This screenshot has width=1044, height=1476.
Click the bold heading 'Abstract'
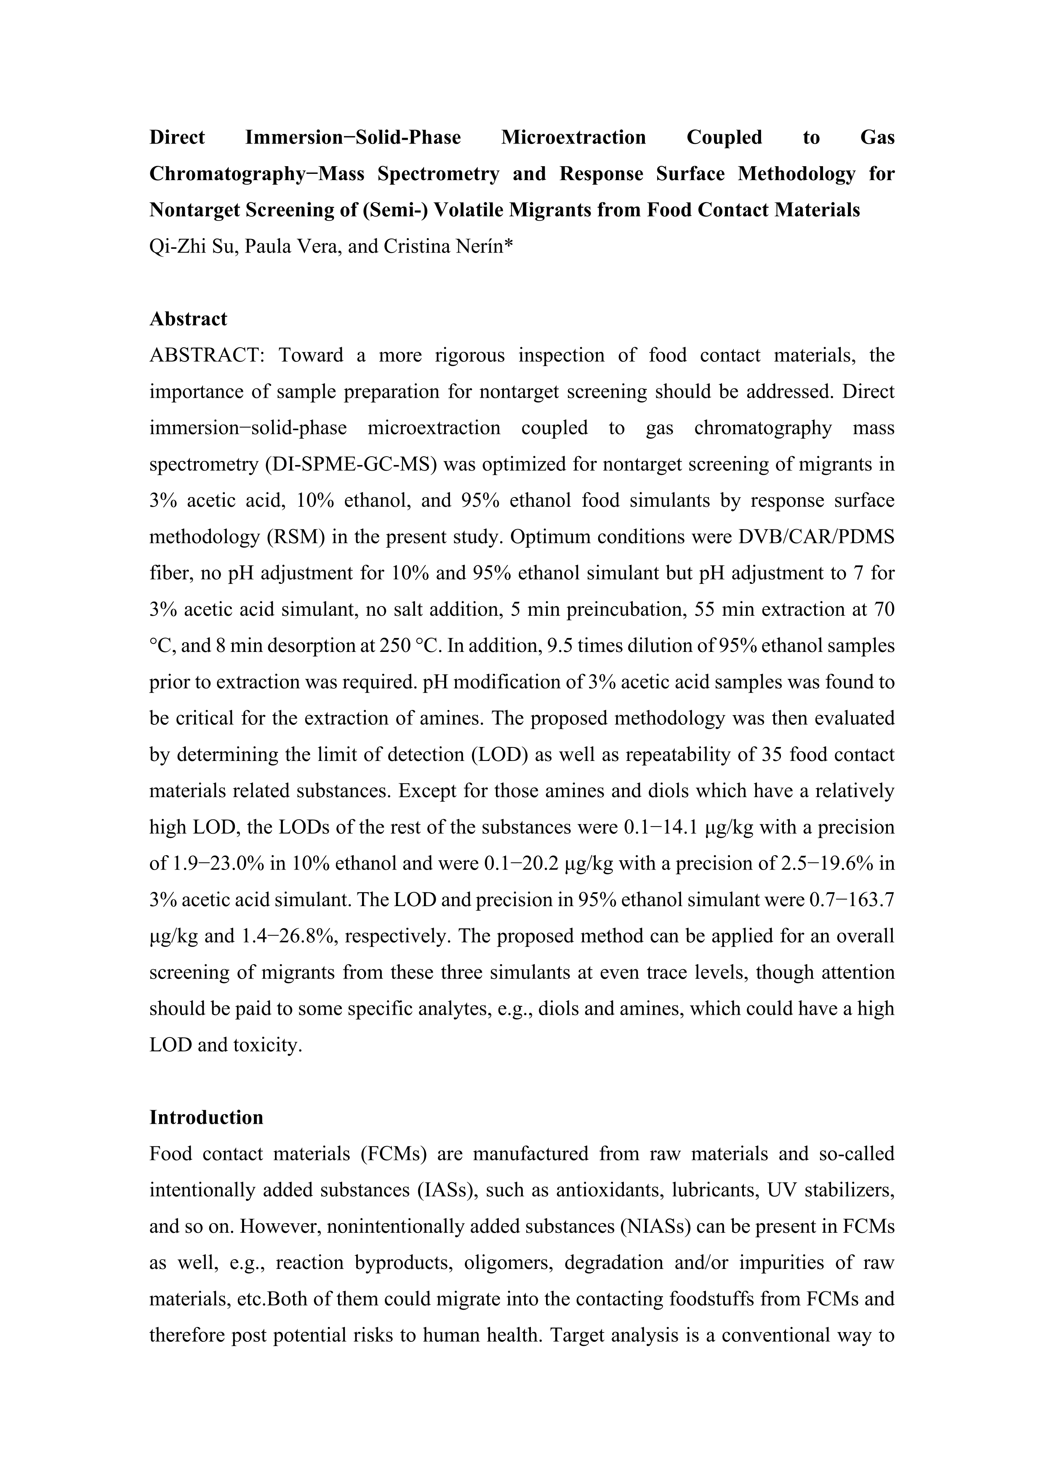point(188,319)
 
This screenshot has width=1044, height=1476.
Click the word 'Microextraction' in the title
point(573,138)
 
